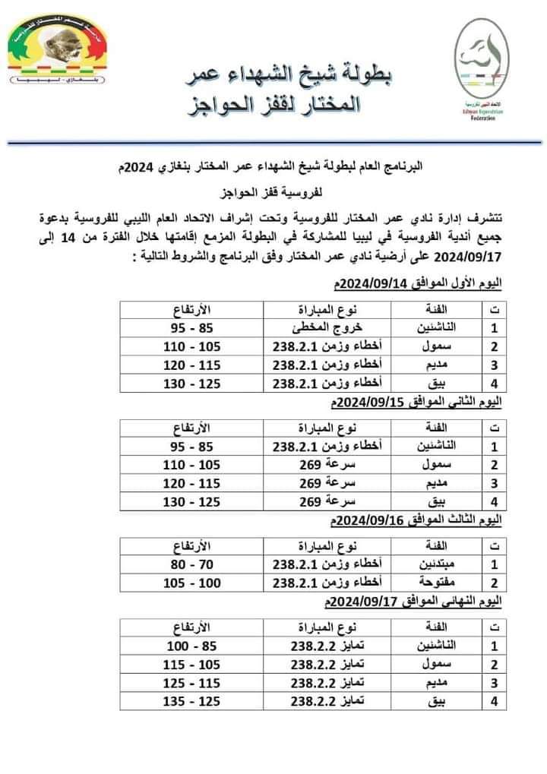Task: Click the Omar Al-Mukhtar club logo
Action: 58,50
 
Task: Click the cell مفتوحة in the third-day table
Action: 434,583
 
